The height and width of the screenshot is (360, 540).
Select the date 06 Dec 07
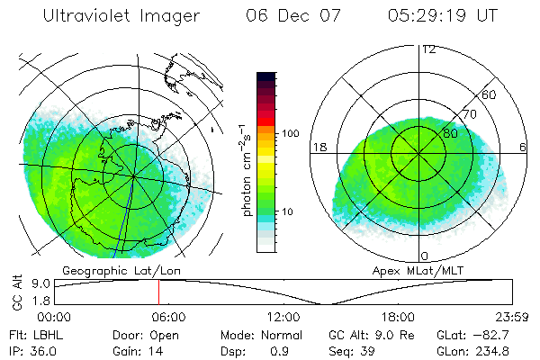click(x=289, y=16)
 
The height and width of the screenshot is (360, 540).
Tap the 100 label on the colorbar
click(x=290, y=133)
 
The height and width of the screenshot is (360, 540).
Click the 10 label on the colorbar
click(x=287, y=211)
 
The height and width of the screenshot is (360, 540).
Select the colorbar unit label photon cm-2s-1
click(x=246, y=170)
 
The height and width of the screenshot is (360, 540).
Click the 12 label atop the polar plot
click(x=428, y=49)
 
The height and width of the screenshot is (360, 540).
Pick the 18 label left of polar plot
click(x=318, y=146)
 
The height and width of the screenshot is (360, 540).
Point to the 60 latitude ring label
click(x=490, y=94)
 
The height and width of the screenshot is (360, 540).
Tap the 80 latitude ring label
click(x=451, y=133)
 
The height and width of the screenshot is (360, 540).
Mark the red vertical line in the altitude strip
click(x=158, y=292)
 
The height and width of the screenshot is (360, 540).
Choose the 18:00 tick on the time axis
click(x=399, y=316)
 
